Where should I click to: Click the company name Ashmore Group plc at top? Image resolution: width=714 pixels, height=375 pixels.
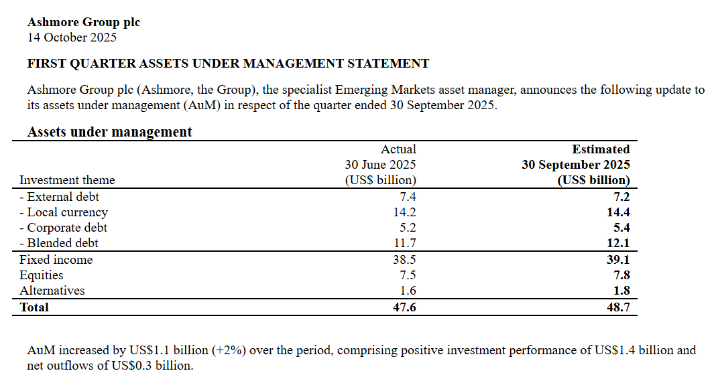[x=84, y=22]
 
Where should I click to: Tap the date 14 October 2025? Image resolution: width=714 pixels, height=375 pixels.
[x=72, y=37]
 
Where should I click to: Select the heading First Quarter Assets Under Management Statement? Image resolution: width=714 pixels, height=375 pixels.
[x=228, y=64]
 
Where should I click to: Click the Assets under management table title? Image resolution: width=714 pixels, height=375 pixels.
[x=109, y=132]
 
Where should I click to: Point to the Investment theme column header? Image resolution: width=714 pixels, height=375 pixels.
[x=67, y=180]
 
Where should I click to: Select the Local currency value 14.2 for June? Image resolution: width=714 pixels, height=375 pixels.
[x=405, y=212]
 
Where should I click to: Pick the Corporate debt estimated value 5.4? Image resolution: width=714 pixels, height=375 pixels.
[x=620, y=228]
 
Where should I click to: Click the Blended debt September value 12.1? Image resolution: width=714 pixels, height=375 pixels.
[x=617, y=243]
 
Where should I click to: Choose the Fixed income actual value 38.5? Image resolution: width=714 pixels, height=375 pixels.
[x=405, y=260]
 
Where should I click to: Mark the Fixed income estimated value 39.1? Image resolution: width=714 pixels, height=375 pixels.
[x=617, y=260]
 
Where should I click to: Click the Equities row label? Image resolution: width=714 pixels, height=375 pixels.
[x=42, y=275]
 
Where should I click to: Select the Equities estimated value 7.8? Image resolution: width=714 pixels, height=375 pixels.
[x=620, y=275]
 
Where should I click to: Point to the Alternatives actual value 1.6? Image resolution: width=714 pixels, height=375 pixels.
[x=408, y=291]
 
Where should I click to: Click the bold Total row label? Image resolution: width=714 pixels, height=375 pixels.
[x=34, y=307]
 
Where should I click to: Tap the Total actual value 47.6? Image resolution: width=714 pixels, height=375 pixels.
[x=405, y=307]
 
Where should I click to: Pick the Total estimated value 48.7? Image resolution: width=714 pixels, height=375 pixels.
[x=617, y=307]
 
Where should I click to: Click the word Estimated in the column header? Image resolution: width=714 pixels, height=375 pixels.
[x=601, y=149]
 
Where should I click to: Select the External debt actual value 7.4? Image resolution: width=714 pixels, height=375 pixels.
[x=408, y=197]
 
